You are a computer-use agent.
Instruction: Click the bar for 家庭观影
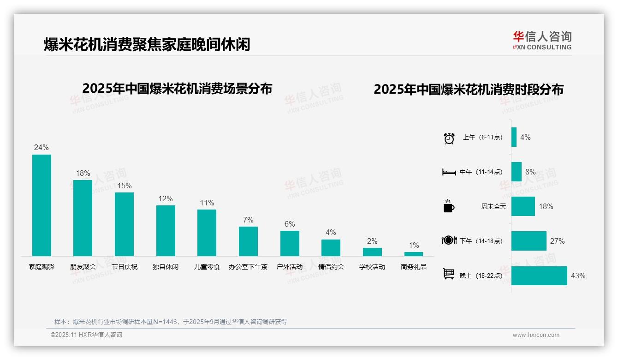42,205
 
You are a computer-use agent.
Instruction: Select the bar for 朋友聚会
83,218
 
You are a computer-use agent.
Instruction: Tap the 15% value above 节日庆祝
124,186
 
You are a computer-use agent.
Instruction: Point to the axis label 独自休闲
166,267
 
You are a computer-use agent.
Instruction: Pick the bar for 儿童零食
207,233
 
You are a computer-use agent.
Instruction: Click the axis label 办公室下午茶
248,267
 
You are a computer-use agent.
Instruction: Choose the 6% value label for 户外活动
290,224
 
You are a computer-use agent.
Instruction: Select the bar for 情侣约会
331,248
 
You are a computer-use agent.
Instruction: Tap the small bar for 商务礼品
414,254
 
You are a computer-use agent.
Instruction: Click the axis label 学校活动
372,267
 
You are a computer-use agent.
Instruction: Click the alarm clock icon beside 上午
449,138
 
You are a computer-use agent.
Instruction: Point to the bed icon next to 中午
449,172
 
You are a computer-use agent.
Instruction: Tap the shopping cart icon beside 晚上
449,274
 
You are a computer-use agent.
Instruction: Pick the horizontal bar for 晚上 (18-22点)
539,276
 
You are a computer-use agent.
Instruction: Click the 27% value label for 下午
557,241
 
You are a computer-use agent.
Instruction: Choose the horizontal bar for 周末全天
523,206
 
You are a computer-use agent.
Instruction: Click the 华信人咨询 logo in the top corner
542,40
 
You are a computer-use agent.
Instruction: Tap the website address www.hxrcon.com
536,335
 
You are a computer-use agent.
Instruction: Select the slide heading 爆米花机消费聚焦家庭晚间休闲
147,45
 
